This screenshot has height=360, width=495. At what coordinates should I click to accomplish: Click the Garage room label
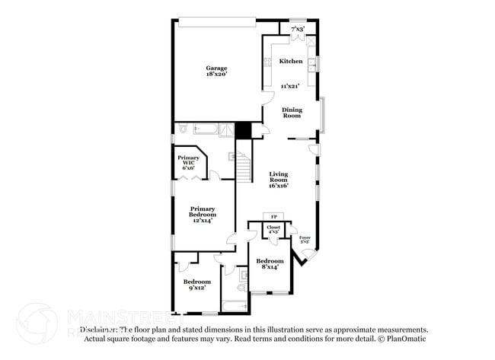point(216,68)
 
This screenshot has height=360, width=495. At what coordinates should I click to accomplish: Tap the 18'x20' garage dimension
point(216,75)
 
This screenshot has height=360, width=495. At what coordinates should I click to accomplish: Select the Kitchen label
point(290,61)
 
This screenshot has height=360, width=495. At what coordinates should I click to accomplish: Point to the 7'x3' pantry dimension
point(298,29)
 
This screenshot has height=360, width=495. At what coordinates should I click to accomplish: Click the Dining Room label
point(292,113)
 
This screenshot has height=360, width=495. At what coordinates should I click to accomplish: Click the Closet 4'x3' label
point(273,229)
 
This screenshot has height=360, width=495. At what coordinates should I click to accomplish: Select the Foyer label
point(305,240)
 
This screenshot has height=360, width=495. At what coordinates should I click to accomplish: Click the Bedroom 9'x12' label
point(196,285)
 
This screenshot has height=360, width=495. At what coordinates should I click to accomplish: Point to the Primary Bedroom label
point(203,214)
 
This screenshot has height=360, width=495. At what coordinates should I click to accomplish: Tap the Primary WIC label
point(189,162)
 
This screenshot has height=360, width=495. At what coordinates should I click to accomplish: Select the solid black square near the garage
point(243,130)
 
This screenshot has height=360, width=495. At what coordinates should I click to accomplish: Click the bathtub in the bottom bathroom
point(234,306)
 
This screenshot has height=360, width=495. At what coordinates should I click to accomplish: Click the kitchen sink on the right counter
point(311,63)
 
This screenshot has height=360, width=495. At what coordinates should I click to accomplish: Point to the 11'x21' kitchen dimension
point(290,86)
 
